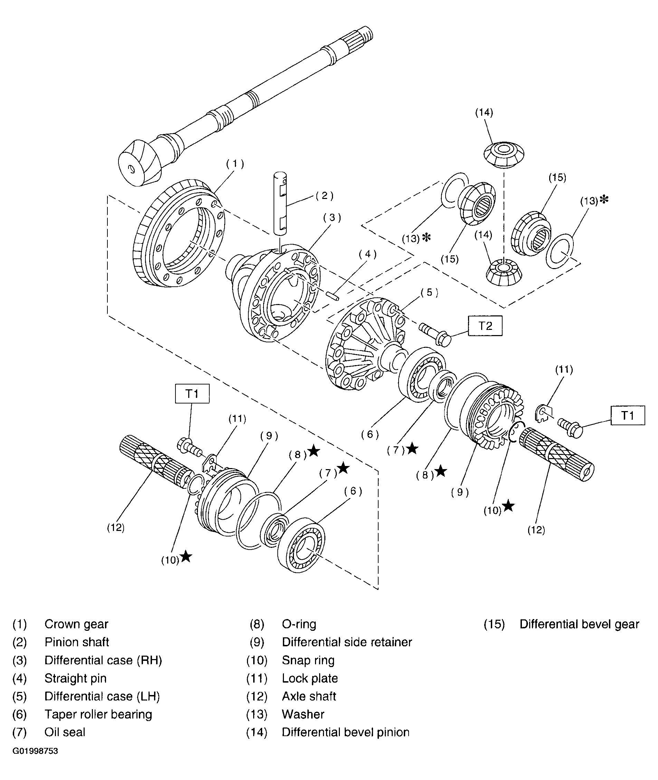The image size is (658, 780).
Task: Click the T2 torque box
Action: point(485,326)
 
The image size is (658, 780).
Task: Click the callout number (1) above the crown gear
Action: point(235,164)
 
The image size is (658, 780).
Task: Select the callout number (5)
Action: point(429,292)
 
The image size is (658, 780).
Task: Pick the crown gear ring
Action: point(179,234)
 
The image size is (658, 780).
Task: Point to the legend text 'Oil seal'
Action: point(65,732)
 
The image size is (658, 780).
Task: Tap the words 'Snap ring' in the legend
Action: point(308,660)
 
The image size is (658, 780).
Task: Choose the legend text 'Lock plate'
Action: point(309,678)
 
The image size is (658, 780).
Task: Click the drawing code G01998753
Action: point(35,751)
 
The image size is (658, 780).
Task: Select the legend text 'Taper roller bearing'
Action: point(98,714)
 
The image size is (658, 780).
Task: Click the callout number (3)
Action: point(332,218)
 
